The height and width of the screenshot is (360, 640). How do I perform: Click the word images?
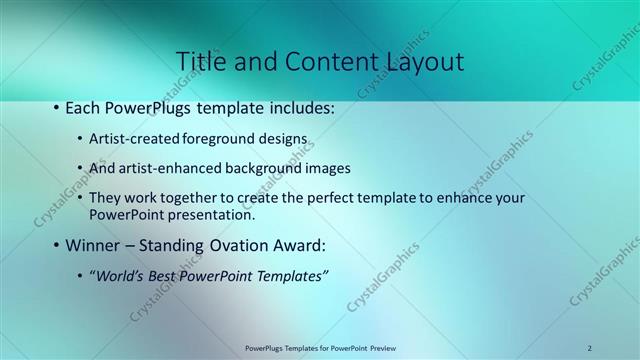[327, 168]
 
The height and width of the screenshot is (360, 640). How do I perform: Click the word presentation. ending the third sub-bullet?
[215, 214]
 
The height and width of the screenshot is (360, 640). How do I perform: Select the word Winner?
[94, 245]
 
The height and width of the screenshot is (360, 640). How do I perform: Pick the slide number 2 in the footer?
[589, 348]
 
